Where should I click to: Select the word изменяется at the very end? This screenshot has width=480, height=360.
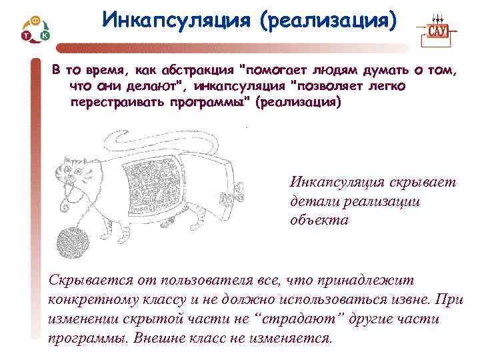294,337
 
